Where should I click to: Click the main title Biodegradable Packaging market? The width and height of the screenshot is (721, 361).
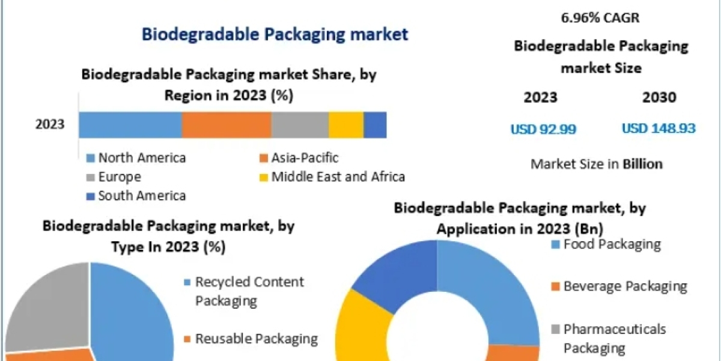pyautogui.click(x=275, y=34)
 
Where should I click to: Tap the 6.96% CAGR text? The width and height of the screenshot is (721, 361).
pyautogui.click(x=600, y=18)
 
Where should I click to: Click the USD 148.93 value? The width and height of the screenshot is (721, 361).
pyautogui.click(x=659, y=129)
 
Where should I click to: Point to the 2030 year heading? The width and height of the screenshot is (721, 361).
pyautogui.click(x=659, y=97)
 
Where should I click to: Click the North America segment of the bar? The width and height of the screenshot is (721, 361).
pyautogui.click(x=130, y=125)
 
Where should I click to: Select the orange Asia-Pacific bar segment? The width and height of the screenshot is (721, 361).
pyautogui.click(x=227, y=125)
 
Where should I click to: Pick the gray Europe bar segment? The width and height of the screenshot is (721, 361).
pyautogui.click(x=300, y=125)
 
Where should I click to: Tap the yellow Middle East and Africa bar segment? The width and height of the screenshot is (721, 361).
pyautogui.click(x=346, y=125)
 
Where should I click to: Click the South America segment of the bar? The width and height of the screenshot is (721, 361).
pyautogui.click(x=375, y=125)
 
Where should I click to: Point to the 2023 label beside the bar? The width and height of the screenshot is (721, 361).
pyautogui.click(x=50, y=125)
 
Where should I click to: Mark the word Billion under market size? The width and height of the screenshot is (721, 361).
pyautogui.click(x=642, y=164)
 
